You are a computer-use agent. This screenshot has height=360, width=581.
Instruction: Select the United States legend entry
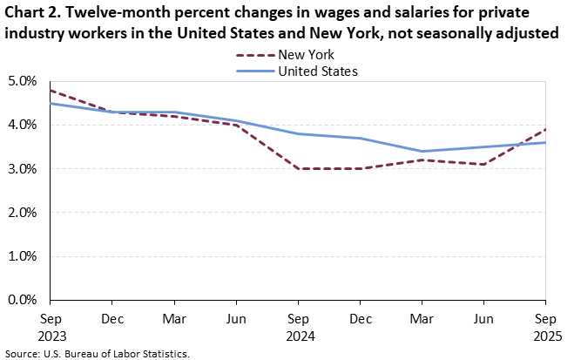point(318,71)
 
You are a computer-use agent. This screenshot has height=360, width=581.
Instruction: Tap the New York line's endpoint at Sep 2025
point(545,129)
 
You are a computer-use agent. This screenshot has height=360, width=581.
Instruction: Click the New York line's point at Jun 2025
point(483,164)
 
